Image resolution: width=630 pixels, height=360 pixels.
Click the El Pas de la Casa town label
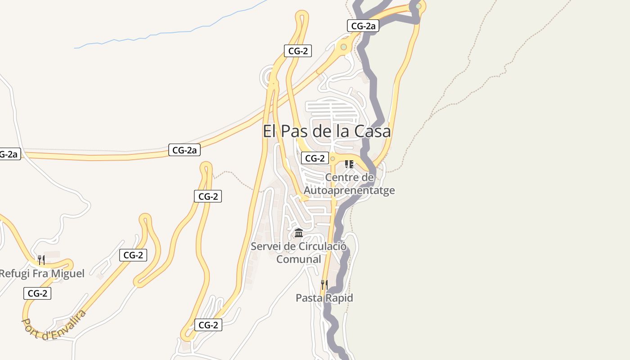(x=327, y=131)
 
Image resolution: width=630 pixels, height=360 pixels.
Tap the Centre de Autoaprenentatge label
(x=349, y=184)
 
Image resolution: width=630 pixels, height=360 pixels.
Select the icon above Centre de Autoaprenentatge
(x=349, y=164)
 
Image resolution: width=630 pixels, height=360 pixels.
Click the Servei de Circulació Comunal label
(x=298, y=252)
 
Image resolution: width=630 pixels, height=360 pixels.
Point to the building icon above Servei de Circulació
(x=299, y=233)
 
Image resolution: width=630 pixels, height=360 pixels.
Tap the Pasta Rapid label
(x=324, y=298)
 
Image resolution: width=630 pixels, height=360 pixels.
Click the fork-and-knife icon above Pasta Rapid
(x=324, y=284)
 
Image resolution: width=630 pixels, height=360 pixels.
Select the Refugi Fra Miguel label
(x=42, y=274)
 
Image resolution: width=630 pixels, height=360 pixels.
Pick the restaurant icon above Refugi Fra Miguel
(x=41, y=260)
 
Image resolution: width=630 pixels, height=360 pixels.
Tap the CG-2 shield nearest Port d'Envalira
(x=37, y=293)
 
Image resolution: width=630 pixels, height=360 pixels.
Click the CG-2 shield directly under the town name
(x=315, y=158)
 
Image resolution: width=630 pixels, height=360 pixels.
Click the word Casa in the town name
(x=373, y=131)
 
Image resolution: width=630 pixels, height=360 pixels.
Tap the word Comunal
(x=298, y=259)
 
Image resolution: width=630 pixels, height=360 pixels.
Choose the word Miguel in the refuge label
(x=67, y=274)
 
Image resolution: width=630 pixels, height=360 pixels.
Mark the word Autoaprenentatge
(x=349, y=190)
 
